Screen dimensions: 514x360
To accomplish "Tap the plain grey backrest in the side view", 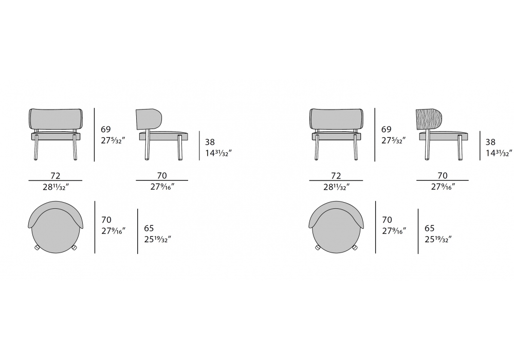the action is [x=149, y=118].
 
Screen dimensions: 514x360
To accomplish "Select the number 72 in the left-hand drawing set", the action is [x=56, y=176].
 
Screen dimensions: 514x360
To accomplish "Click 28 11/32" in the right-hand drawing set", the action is [x=336, y=187].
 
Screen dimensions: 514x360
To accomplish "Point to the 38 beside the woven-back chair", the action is [x=490, y=142].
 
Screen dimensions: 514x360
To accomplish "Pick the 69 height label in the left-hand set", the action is [x=106, y=130].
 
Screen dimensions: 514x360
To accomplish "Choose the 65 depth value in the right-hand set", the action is [x=429, y=228].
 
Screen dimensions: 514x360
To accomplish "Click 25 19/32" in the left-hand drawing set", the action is [x=158, y=239].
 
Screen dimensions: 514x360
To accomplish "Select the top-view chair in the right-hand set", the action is [x=336, y=227].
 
